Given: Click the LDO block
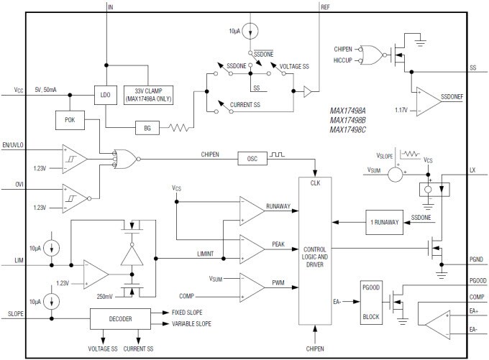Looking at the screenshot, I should coord(106,93).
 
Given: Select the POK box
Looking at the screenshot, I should coord(69,119).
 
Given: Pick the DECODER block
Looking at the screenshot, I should coord(120,318).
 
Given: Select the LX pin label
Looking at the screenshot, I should coord(472,170).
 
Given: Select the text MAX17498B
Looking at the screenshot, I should coord(349,120).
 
